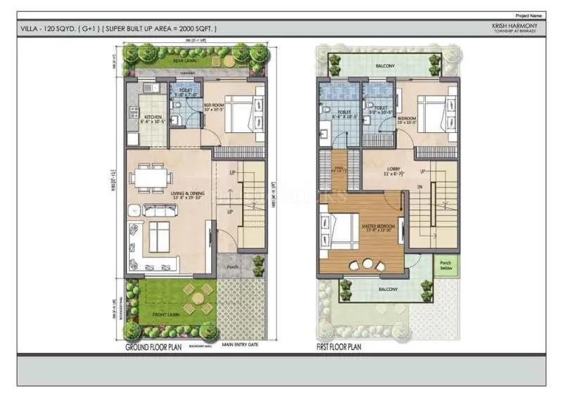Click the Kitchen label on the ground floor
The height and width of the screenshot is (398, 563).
(153, 117)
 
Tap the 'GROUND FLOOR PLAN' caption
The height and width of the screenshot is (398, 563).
(153, 347)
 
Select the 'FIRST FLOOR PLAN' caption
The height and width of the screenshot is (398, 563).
(339, 347)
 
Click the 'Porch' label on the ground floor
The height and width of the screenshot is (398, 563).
(232, 267)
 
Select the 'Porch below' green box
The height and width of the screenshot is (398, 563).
(447, 265)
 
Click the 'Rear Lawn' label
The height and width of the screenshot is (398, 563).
(184, 61)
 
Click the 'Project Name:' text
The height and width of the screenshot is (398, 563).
(530, 15)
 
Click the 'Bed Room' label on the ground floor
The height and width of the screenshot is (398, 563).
(213, 107)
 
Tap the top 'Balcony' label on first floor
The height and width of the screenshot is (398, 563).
(384, 66)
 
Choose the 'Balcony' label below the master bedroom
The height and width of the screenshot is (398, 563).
(388, 289)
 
